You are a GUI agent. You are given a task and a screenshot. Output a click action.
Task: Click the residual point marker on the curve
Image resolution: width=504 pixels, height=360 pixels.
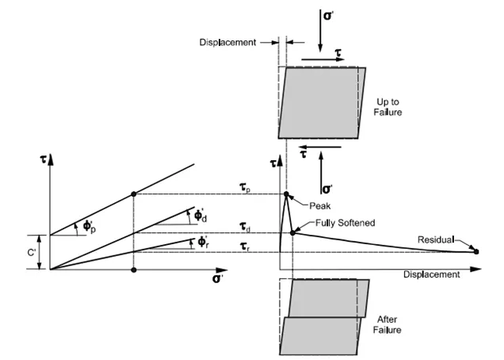pyautogui.click(x=475, y=252)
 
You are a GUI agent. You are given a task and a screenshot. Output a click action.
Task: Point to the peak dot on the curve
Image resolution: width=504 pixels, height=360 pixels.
pyautogui.click(x=286, y=193)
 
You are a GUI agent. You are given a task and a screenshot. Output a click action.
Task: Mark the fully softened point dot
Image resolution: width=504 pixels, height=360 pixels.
pyautogui.click(x=293, y=232)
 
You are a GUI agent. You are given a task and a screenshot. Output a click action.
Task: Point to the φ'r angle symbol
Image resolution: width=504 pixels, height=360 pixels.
pyautogui.click(x=203, y=239)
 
